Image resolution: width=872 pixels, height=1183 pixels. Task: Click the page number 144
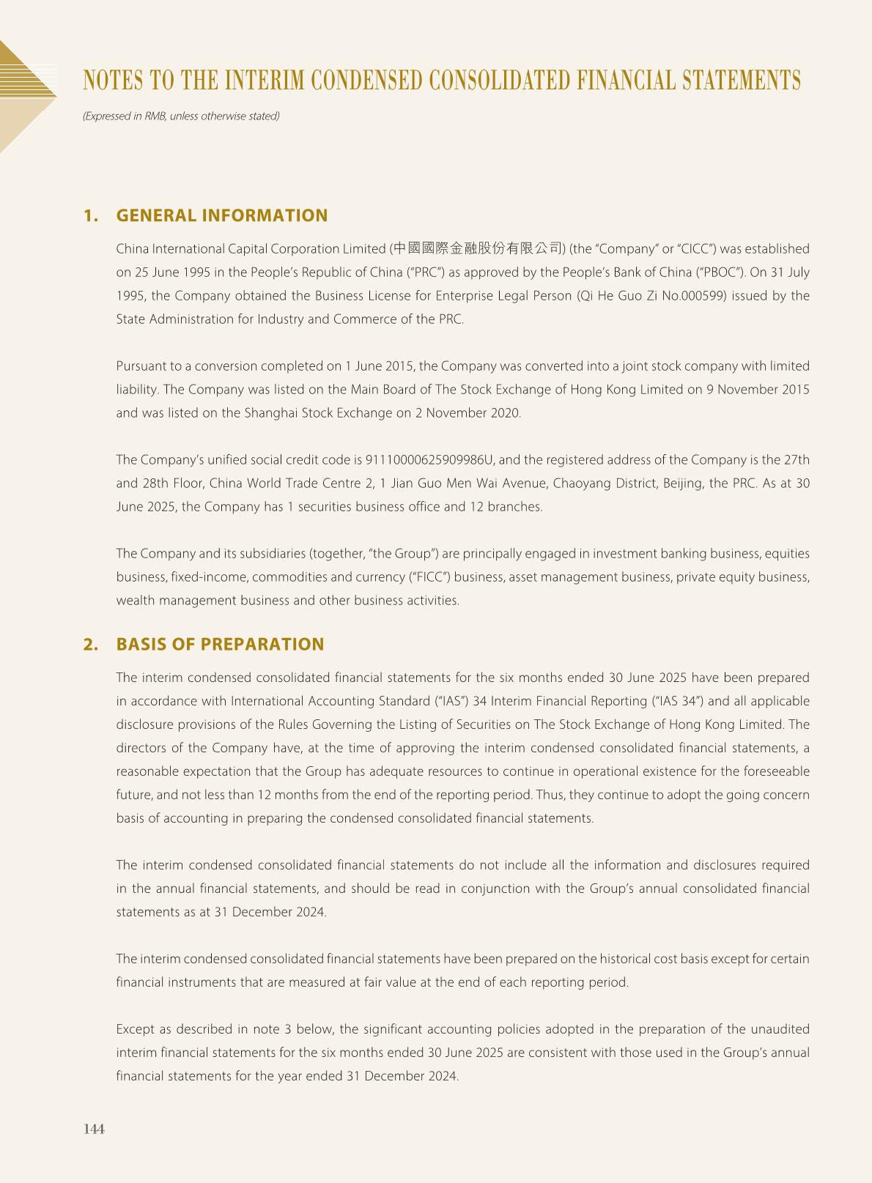tap(95, 1129)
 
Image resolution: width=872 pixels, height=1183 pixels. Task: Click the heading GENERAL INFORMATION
tap(222, 215)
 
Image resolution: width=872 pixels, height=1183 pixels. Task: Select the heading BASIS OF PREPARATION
tap(220, 644)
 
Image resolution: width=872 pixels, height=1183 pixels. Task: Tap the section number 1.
tap(90, 215)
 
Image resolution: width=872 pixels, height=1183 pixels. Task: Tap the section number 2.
tap(90, 644)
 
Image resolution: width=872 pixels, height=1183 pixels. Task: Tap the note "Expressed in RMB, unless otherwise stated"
tap(181, 116)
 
